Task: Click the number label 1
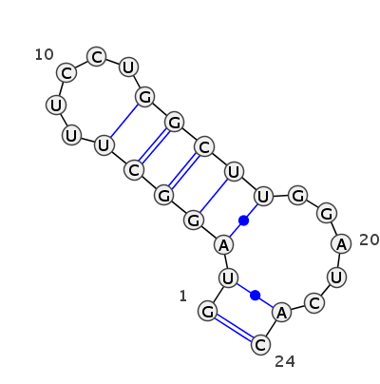pyautogui.click(x=183, y=297)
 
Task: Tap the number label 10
pyautogui.click(x=44, y=55)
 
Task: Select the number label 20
pyautogui.click(x=370, y=240)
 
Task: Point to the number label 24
pyautogui.click(x=285, y=361)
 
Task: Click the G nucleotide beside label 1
pyautogui.click(x=207, y=312)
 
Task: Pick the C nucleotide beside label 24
pyautogui.click(x=260, y=344)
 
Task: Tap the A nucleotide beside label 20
pyautogui.click(x=341, y=244)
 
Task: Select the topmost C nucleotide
pyautogui.click(x=97, y=57)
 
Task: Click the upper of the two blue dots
pyautogui.click(x=243, y=221)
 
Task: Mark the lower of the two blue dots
pyautogui.click(x=256, y=296)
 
